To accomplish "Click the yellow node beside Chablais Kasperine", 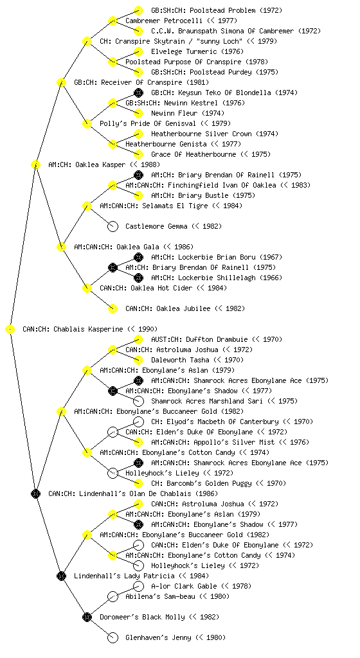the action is tap(10, 330).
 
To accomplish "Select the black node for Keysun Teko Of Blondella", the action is tap(138, 93).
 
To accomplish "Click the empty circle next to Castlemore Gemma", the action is tap(113, 227).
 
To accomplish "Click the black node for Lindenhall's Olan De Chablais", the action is tap(35, 494).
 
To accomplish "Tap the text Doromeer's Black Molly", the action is tap(142, 617).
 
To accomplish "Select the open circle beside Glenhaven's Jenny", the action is tap(113, 638).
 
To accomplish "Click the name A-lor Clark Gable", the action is tap(184, 586).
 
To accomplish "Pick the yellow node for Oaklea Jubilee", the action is tap(113, 309).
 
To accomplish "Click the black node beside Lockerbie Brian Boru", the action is tap(138, 257).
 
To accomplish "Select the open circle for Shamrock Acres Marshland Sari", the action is tap(138, 402).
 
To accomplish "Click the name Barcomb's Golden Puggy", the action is tap(208, 483).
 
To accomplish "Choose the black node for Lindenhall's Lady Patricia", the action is tap(61, 576).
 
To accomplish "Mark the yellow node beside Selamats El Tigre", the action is tap(87, 206).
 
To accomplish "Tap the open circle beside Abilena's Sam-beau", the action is tap(113, 597).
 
